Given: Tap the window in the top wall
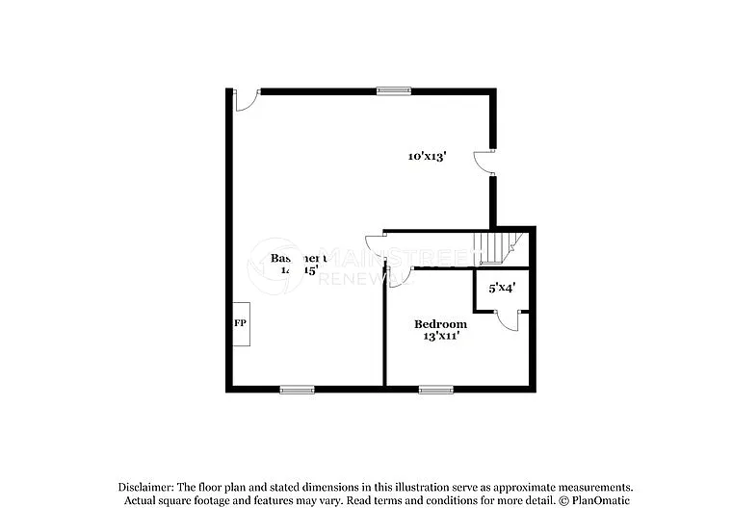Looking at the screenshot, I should pyautogui.click(x=392, y=91).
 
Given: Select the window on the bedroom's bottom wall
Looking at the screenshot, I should pyautogui.click(x=435, y=389).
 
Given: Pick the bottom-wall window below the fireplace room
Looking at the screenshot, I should pyautogui.click(x=297, y=389).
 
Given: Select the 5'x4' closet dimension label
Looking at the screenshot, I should pyautogui.click(x=502, y=287).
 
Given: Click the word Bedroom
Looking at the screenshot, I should pyautogui.click(x=440, y=324).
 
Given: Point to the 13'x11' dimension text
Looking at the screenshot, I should pyautogui.click(x=439, y=337).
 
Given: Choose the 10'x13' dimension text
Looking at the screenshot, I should pyautogui.click(x=426, y=156).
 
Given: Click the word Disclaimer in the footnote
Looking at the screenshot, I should pyautogui.click(x=146, y=487).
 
